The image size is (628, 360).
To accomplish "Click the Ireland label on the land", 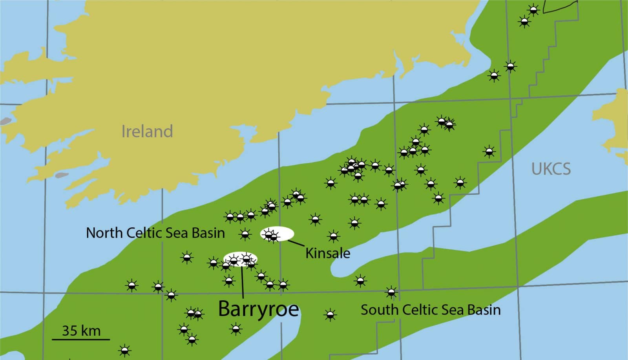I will tap(147, 131).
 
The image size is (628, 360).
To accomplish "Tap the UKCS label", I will tap(551, 169).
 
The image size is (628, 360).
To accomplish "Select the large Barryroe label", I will tap(258, 309).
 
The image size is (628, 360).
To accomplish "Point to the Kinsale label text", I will tap(328, 253).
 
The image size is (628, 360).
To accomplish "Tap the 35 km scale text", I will tap(81, 331).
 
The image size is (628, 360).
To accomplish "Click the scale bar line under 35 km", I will tap(81, 339).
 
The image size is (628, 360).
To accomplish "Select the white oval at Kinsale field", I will tap(283, 233).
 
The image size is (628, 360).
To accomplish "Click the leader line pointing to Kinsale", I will tap(296, 243).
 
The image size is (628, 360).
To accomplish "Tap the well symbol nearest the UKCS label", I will tap(489, 151).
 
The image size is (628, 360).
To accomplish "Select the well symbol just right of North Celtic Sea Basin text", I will tap(245, 234).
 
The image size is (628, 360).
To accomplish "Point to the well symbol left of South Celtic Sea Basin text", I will tap(330, 314).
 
